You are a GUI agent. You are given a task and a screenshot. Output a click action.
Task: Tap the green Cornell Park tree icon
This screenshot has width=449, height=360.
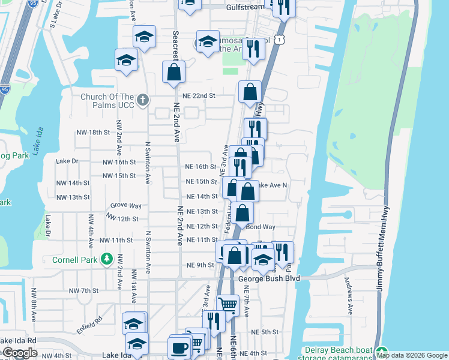click(107, 259)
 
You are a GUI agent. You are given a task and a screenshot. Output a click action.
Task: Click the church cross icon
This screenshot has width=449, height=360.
click(142, 100)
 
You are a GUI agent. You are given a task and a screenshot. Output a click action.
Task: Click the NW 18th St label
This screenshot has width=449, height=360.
click(92, 132)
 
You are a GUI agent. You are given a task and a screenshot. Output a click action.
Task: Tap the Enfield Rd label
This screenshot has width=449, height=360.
click(89, 325)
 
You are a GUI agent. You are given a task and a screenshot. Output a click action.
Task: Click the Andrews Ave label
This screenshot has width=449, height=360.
click(348, 295)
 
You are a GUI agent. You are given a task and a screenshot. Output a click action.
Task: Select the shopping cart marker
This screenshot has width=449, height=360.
click(228, 304)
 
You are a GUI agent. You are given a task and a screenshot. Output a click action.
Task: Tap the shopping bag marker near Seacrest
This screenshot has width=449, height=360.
click(173, 72)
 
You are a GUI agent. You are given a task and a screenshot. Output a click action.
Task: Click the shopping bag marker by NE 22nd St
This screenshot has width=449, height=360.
click(250, 92)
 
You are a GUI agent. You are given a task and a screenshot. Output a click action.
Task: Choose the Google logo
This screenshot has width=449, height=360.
click(20, 353)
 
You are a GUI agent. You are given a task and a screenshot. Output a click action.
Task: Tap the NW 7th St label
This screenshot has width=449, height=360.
click(83, 290)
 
